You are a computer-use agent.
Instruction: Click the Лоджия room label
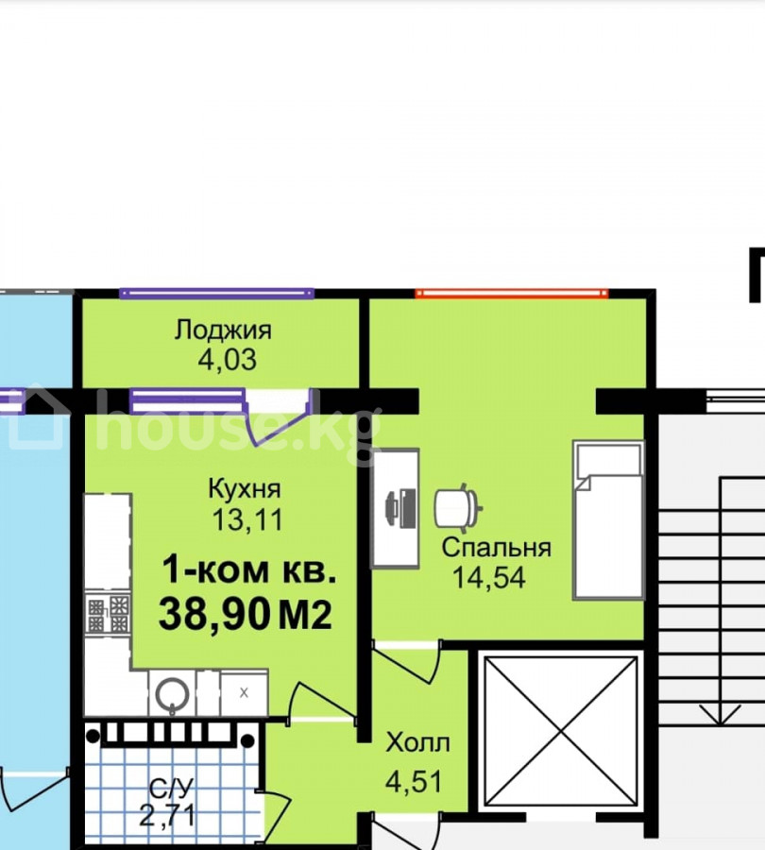click(223, 331)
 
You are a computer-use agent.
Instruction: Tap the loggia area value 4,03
click(228, 360)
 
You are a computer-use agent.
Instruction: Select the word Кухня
click(245, 489)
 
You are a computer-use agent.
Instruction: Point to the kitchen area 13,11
click(247, 519)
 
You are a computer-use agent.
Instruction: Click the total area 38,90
click(214, 614)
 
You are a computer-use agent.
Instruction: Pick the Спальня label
click(496, 548)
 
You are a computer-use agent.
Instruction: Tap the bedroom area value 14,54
click(488, 577)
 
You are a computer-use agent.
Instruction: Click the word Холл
click(417, 742)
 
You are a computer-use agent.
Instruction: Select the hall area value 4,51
click(414, 781)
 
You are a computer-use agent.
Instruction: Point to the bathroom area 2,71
click(166, 815)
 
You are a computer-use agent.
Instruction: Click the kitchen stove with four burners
click(108, 614)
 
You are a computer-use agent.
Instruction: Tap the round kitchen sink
click(172, 694)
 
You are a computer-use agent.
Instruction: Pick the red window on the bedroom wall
click(512, 294)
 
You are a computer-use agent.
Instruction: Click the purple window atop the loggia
click(217, 294)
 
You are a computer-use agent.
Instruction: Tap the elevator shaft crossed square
click(561, 732)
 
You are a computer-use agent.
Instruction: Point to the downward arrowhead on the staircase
click(720, 715)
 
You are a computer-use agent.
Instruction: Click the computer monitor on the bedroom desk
click(400, 508)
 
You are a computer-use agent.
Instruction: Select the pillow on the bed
click(609, 460)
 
